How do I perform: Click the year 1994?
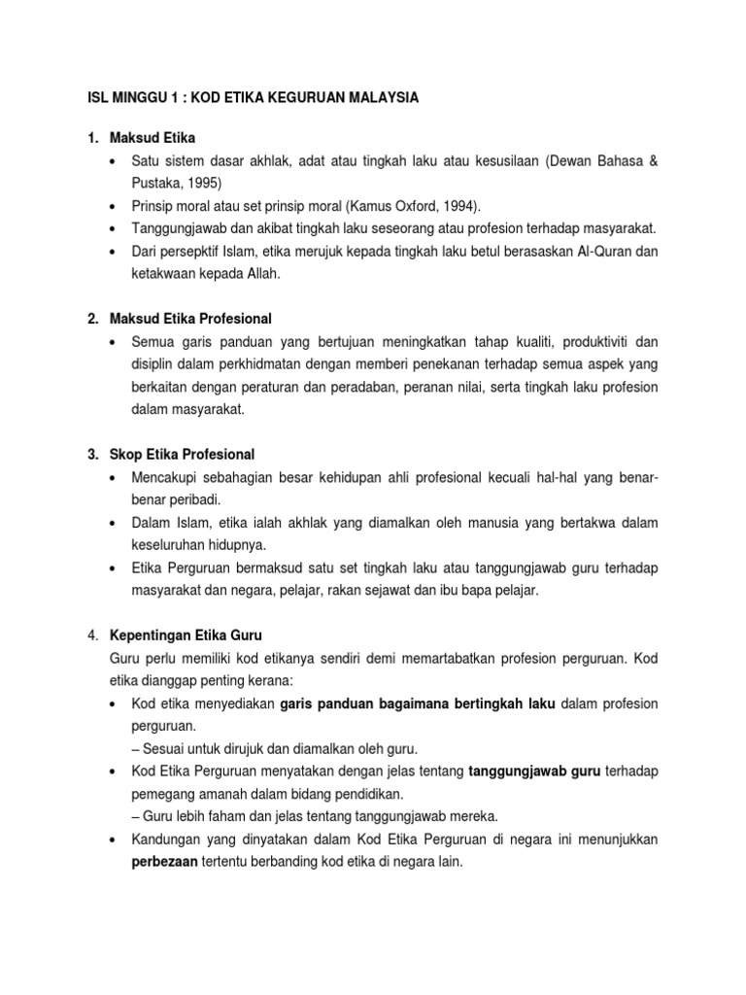445,205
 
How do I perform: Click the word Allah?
257,274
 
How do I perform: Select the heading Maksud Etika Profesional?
193,319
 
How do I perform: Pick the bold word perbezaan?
164,861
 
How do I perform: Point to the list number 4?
91,635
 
